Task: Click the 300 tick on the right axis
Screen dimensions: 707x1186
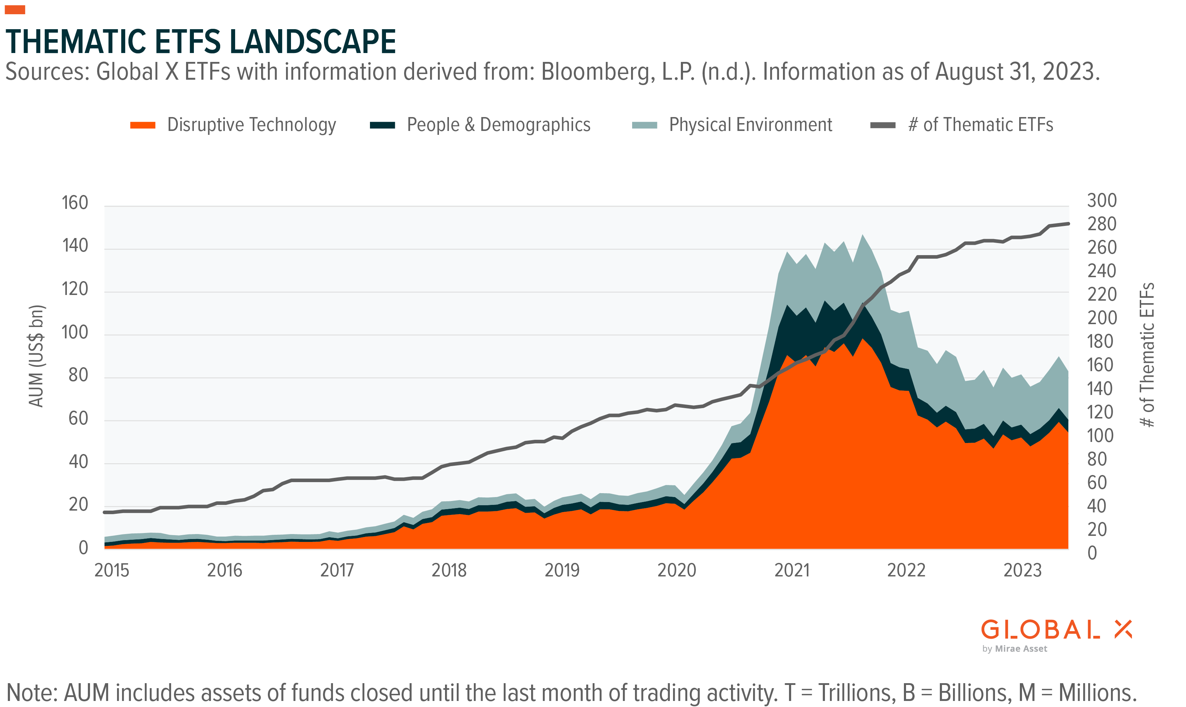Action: (1102, 201)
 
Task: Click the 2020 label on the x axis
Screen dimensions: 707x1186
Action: (676, 570)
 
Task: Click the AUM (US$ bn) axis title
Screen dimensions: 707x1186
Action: (36, 356)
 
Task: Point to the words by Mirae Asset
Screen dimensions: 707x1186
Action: (1015, 649)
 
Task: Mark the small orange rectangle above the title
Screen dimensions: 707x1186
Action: (15, 10)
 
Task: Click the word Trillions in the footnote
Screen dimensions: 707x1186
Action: (857, 693)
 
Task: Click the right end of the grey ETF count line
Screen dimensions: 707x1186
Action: (1068, 223)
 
